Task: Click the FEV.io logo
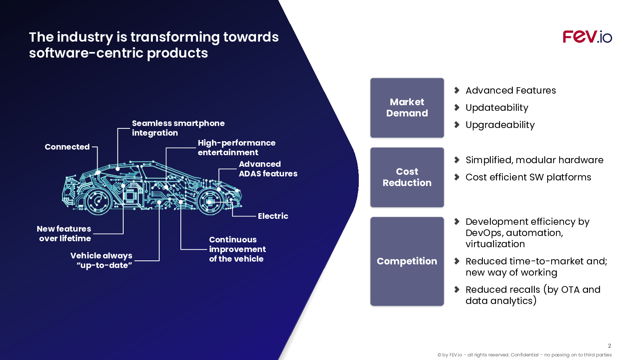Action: click(x=587, y=37)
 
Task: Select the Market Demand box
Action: click(x=407, y=108)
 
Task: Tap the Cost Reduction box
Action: click(x=407, y=177)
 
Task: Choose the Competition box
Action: click(x=407, y=261)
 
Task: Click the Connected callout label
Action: click(x=67, y=147)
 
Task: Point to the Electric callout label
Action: click(x=273, y=216)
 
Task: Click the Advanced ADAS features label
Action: click(x=268, y=168)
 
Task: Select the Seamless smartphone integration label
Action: click(x=178, y=128)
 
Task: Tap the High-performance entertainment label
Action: click(x=236, y=148)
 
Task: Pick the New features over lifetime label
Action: click(x=64, y=234)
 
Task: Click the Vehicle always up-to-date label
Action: click(x=102, y=260)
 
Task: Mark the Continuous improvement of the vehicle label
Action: click(x=238, y=249)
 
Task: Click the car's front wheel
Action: click(x=210, y=202)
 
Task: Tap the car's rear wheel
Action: click(x=98, y=202)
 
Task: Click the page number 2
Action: click(x=610, y=346)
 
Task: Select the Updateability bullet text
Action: click(x=497, y=108)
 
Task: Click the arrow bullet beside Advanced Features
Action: click(x=457, y=90)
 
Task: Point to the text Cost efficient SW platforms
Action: click(x=528, y=177)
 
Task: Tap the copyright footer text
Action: click(x=524, y=355)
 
